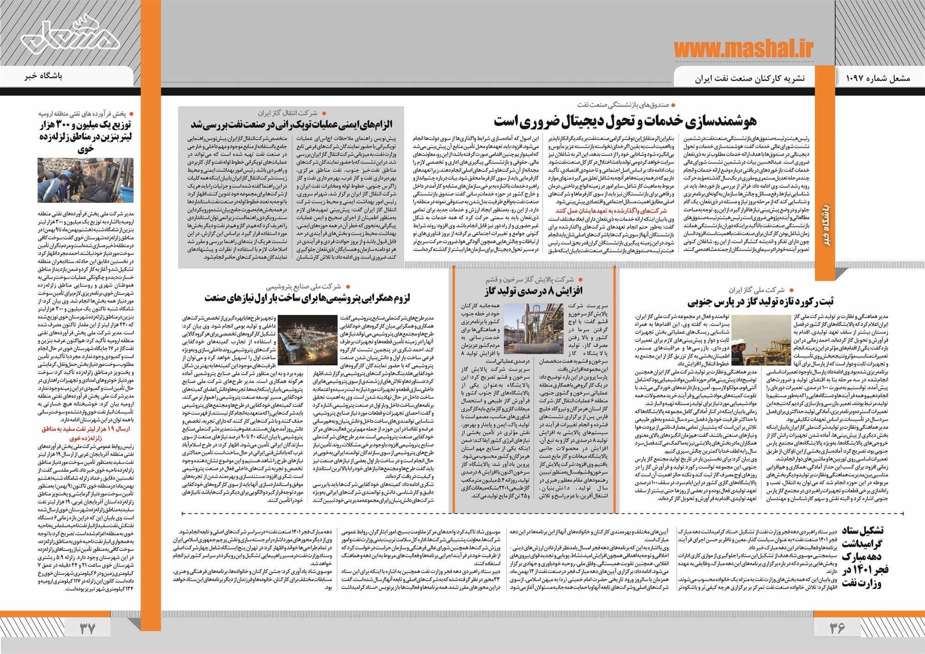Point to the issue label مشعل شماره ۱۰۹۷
(x=875, y=78)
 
